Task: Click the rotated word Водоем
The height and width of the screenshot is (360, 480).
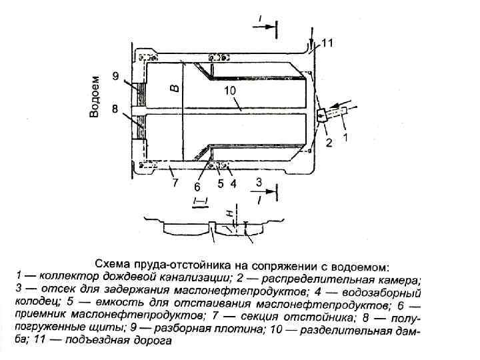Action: click(x=95, y=97)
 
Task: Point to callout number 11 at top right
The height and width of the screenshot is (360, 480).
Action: click(x=327, y=43)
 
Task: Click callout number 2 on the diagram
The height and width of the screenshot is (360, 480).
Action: click(x=328, y=143)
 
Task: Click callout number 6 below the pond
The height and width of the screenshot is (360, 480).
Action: click(x=197, y=185)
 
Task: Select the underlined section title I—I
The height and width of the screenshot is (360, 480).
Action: click(x=199, y=201)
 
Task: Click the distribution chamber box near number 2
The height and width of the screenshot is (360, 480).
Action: click(x=322, y=115)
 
